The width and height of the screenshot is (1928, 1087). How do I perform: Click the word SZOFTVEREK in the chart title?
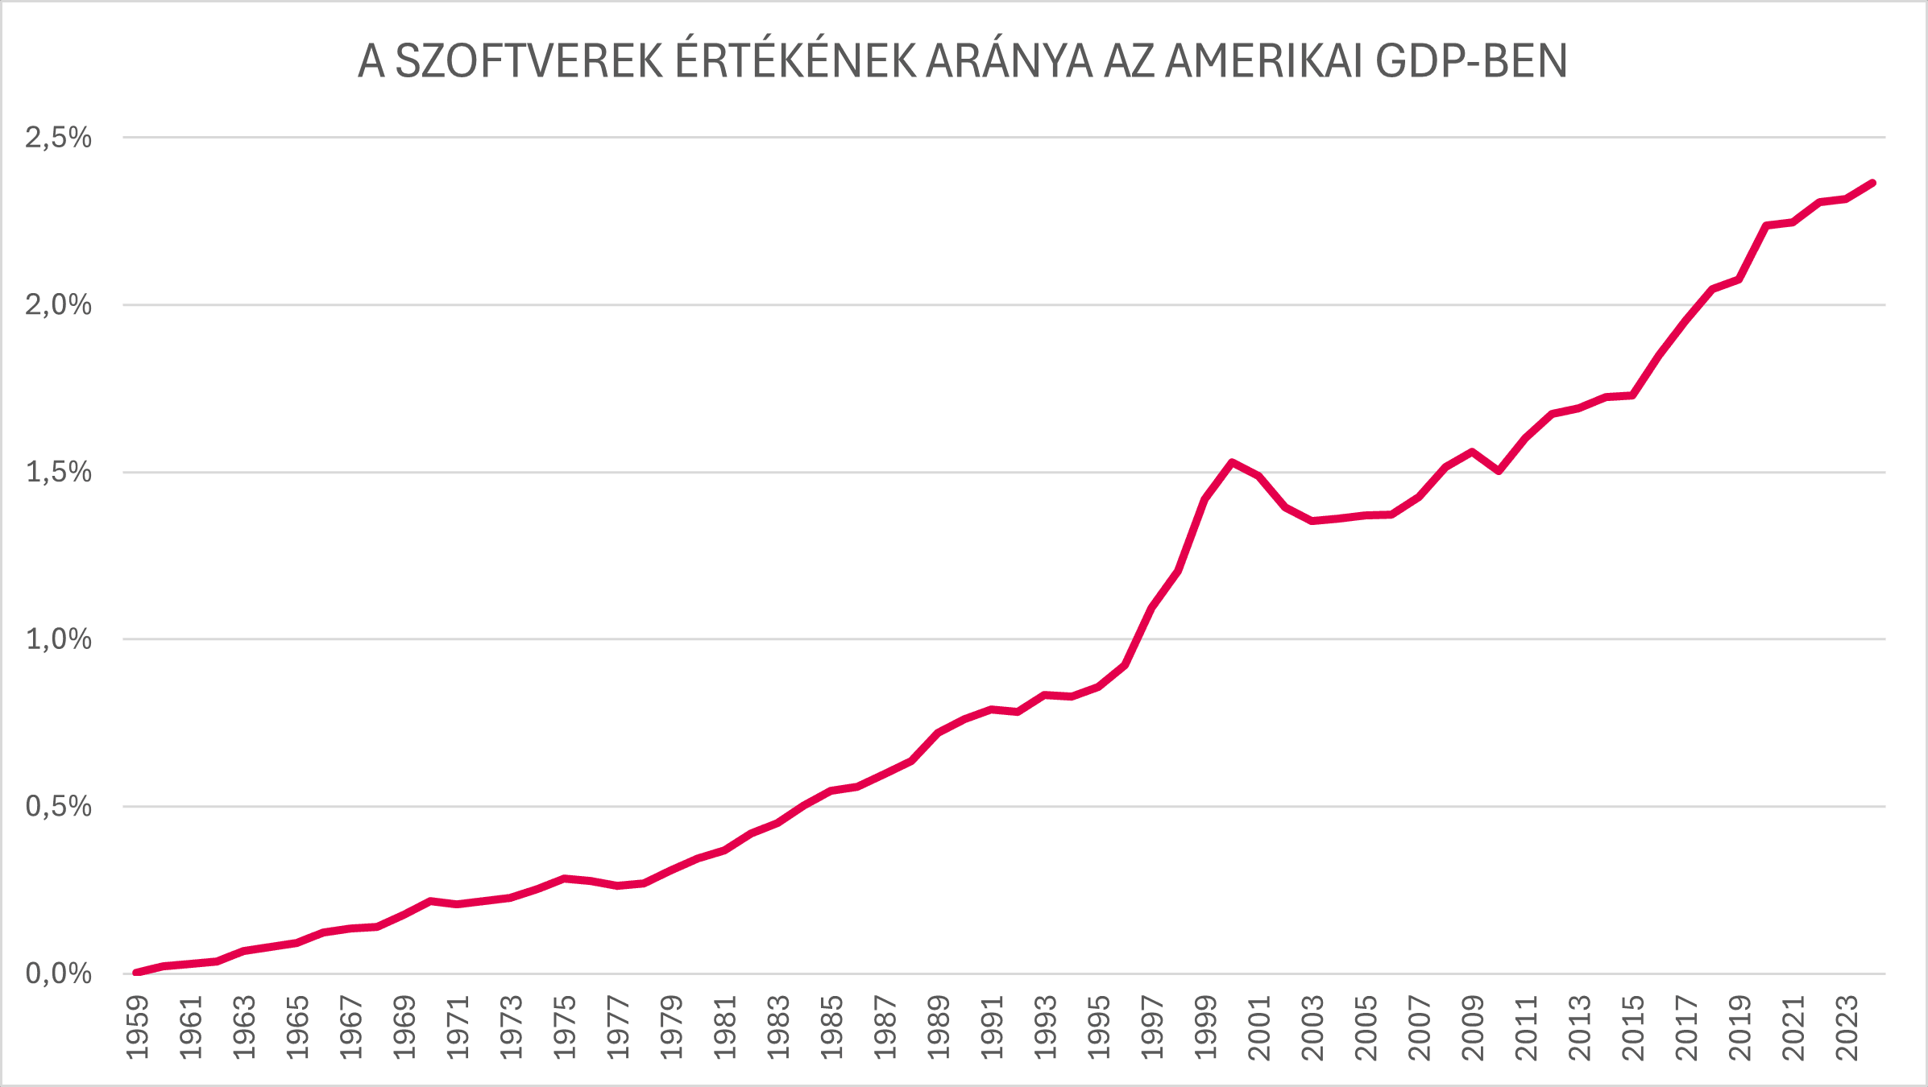click(529, 61)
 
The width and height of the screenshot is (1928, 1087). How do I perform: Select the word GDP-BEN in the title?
click(1471, 61)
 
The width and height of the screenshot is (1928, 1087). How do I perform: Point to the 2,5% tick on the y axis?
click(58, 138)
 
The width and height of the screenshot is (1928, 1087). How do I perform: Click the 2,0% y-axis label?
click(58, 304)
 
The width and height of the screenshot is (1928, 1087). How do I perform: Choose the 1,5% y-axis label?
click(58, 472)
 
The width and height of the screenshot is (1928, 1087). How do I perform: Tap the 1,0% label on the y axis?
click(58, 639)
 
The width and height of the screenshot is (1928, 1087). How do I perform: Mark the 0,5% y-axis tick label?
click(58, 806)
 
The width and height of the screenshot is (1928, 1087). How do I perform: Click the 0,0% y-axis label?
click(58, 973)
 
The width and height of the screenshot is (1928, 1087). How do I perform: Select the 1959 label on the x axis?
click(138, 1028)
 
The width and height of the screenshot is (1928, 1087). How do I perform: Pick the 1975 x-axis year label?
click(565, 1028)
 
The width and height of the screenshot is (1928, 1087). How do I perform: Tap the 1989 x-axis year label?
click(939, 1028)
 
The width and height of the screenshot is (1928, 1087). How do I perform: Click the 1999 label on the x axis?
click(1205, 1028)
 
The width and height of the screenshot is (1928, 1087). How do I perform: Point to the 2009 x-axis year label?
click(1473, 1028)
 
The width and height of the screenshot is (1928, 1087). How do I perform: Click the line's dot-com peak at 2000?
click(1232, 462)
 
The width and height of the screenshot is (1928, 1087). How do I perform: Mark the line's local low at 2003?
click(1312, 521)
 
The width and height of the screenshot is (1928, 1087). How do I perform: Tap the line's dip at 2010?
click(1499, 471)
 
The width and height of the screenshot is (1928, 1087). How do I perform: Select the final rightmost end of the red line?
click(1873, 183)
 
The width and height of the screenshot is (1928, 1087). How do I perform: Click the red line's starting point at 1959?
click(136, 973)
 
